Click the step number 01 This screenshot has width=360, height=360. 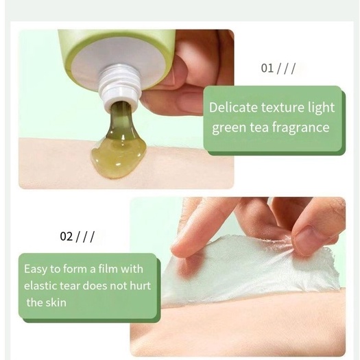tap(267, 68)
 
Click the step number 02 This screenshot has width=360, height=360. tap(66, 237)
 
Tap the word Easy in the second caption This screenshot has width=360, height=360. tap(36, 269)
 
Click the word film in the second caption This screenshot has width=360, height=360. tap(108, 269)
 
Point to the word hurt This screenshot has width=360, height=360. tap(141, 286)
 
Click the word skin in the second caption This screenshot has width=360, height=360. tap(56, 302)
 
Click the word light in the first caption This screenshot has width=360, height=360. tap(321, 108)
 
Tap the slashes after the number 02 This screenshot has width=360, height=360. tap(84, 237)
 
